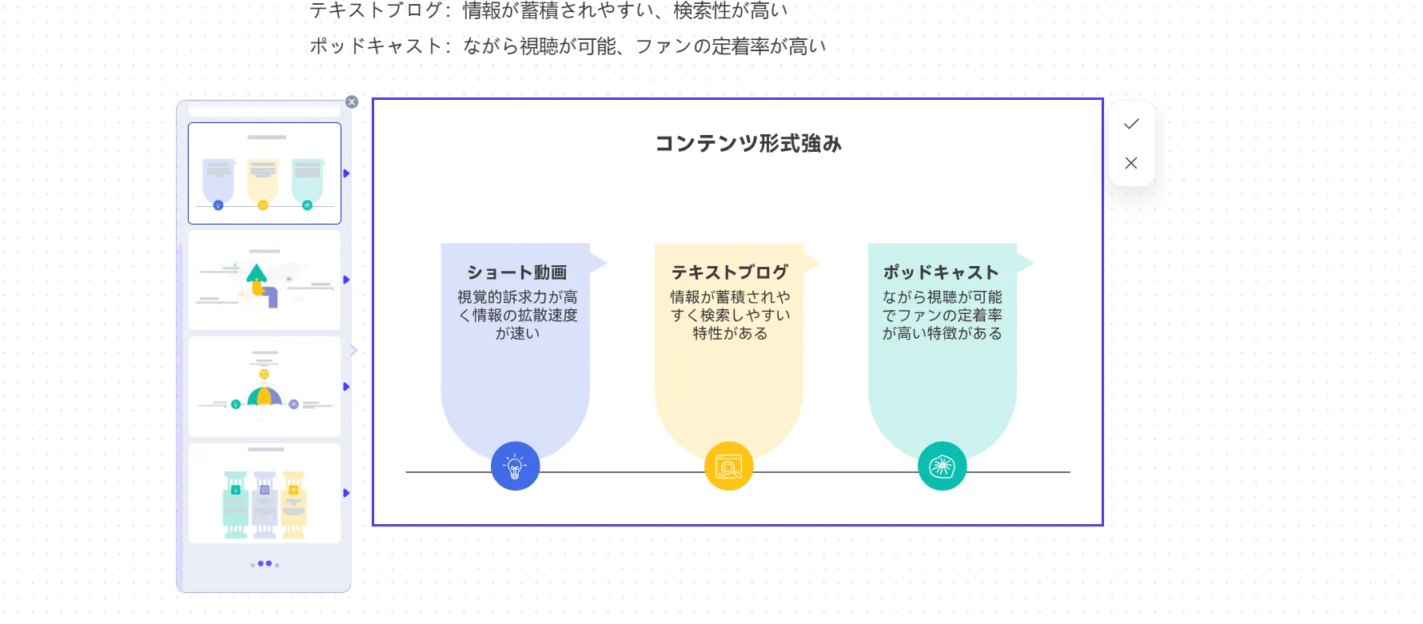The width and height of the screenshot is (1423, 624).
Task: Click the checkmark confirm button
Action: coord(1131,124)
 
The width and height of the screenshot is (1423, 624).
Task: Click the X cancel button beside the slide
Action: coord(1131,163)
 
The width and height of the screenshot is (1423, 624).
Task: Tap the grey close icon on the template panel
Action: coord(352,102)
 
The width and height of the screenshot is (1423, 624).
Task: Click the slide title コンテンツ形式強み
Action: coord(748,144)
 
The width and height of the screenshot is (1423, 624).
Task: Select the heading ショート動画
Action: coord(516,272)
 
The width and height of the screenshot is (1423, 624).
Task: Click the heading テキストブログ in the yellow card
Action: coord(729,272)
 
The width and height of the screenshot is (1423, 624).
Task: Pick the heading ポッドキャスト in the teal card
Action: coord(941,272)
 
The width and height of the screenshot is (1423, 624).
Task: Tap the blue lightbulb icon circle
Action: coord(516,466)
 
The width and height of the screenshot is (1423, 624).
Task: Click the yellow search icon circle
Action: coord(729,466)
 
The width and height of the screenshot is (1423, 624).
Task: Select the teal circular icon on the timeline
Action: coord(943,466)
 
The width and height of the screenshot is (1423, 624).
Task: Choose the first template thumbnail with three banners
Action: coord(265,173)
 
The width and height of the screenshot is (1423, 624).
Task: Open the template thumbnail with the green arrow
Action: coord(265,280)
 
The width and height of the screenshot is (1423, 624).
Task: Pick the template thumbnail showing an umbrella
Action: coord(265,387)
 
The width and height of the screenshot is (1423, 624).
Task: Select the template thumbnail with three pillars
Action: coord(265,494)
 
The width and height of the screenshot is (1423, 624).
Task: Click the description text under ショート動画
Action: coord(516,315)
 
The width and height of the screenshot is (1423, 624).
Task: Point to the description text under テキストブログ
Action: coord(729,315)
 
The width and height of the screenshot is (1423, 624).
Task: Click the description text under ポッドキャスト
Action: coord(942,315)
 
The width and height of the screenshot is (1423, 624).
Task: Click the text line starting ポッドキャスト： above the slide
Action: coord(568,46)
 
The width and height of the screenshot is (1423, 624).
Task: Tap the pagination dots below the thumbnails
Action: coord(265,564)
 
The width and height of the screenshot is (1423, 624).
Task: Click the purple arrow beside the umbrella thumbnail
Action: coord(346,387)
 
